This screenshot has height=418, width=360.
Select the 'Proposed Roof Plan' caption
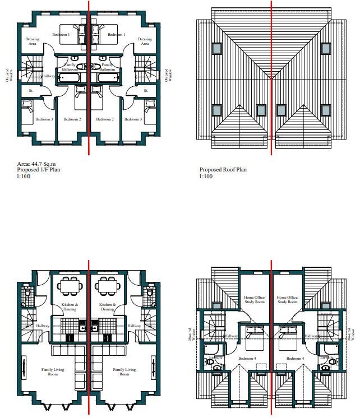(x=223, y=169)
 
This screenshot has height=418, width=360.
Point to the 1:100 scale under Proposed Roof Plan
(x=205, y=176)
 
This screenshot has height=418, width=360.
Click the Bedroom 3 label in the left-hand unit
(x=44, y=119)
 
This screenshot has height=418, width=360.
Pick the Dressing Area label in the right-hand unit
(x=145, y=41)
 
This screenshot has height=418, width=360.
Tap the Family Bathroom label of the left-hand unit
(x=70, y=67)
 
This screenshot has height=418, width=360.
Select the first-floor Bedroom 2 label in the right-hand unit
(x=105, y=119)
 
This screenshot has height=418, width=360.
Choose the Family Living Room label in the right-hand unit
(x=123, y=371)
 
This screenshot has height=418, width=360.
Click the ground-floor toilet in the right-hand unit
(x=149, y=293)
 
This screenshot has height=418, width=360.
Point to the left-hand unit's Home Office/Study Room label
(x=255, y=300)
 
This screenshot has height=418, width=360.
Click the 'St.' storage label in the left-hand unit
(x=31, y=90)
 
